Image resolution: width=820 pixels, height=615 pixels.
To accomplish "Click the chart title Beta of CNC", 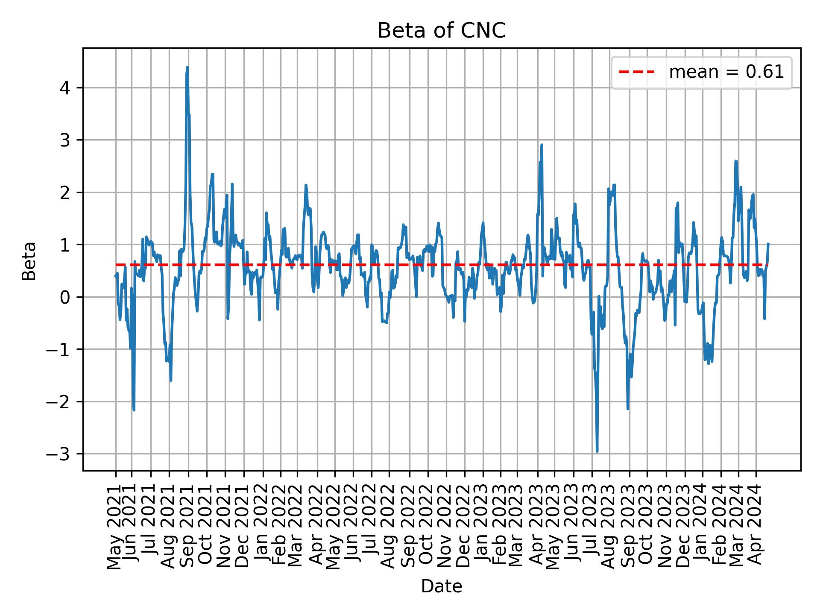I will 441,31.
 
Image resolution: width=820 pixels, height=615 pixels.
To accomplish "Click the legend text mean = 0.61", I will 726,72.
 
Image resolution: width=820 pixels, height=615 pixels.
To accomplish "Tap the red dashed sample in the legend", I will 636,72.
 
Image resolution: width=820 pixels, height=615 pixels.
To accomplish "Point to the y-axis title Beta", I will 29,261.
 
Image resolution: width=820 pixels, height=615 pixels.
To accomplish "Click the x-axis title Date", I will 441,587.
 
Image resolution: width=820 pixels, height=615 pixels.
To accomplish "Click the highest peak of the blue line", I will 187,67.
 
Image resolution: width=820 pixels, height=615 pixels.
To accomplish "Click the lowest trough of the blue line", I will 597,451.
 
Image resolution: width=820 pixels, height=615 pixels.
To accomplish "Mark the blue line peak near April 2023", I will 542,145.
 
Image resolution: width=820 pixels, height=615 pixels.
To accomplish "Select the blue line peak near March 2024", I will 735,161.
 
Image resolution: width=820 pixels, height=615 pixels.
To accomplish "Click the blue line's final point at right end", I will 768,244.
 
